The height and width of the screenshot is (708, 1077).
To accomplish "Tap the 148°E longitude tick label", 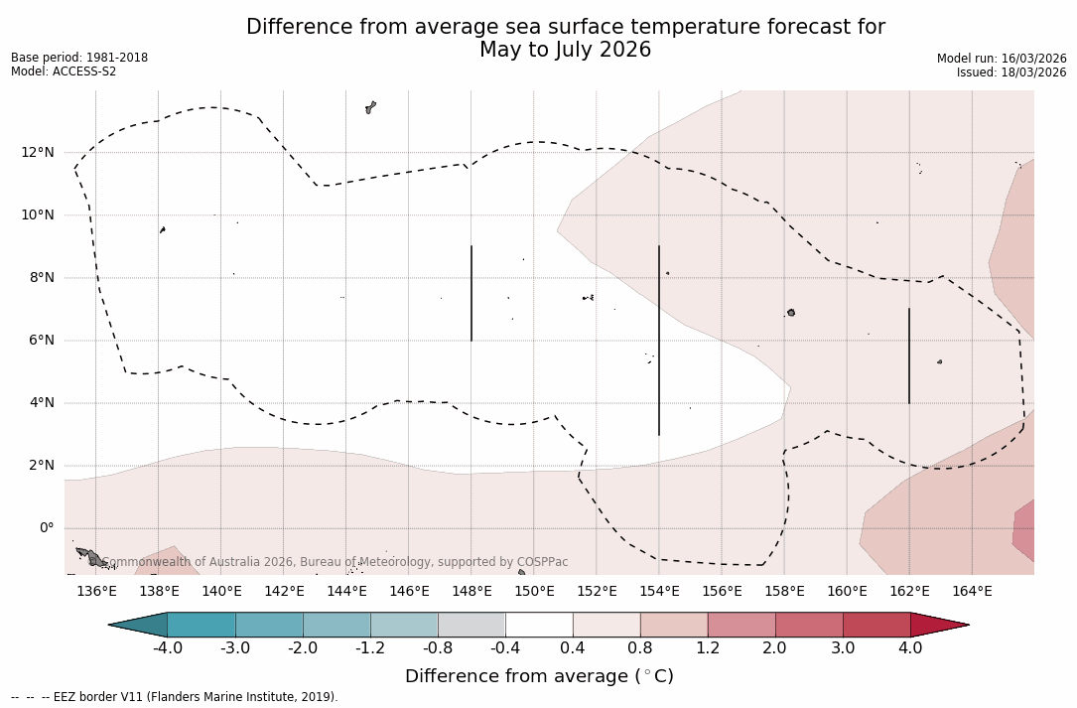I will tap(471, 591).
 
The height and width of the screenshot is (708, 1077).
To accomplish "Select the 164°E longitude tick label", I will tap(972, 591).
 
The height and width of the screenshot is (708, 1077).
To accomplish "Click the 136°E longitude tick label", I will tap(96, 591).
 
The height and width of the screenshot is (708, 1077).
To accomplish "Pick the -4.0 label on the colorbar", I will tap(167, 648).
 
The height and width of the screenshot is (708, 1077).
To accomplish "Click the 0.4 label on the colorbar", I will tap(573, 648).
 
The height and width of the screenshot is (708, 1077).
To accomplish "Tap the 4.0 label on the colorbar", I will tap(910, 648).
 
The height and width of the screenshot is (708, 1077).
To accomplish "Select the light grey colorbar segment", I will tap(471, 625).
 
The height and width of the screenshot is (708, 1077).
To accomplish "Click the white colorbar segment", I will tap(539, 625).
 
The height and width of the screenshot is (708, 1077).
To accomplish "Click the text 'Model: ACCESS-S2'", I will tap(64, 71).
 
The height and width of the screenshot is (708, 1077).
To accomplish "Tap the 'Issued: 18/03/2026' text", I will tap(1011, 72).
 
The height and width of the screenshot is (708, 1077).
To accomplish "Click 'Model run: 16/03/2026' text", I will tap(1002, 59).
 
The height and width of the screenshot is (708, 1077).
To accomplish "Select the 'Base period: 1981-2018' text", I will tap(79, 58).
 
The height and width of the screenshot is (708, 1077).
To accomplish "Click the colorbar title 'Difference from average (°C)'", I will tap(539, 676).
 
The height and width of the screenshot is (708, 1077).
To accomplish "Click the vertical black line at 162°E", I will tap(909, 355).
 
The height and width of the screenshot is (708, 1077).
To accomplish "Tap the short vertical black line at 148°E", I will tap(471, 293).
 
